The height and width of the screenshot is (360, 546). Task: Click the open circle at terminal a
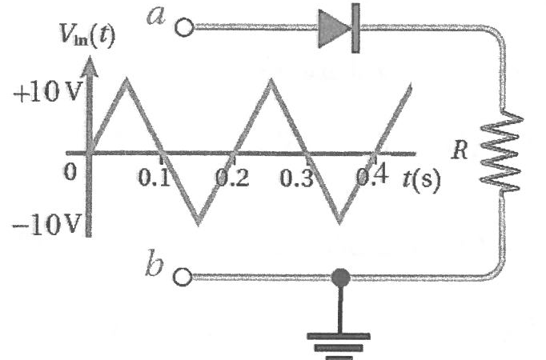(x=184, y=27)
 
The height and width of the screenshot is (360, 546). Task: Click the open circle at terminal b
(x=183, y=277)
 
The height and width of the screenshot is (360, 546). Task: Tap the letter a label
(x=155, y=16)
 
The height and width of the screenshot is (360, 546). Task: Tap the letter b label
(x=155, y=262)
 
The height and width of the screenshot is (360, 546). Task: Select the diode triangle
(x=335, y=28)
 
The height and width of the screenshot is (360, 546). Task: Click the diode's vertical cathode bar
(x=355, y=28)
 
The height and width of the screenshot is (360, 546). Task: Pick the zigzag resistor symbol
(x=501, y=152)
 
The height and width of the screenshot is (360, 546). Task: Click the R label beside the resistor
(x=460, y=150)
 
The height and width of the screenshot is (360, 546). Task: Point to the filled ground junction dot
(x=340, y=278)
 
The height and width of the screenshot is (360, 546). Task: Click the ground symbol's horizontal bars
(x=339, y=346)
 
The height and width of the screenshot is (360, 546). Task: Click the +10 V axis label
(x=47, y=92)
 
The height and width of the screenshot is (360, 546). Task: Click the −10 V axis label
(x=47, y=224)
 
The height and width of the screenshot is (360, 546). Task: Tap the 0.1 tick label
(x=154, y=178)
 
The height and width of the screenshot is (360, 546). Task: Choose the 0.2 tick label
(x=233, y=178)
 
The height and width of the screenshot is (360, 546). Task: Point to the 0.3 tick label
(x=296, y=178)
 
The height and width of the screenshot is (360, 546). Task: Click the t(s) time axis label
(x=422, y=179)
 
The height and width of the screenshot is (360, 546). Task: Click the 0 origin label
(x=70, y=171)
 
